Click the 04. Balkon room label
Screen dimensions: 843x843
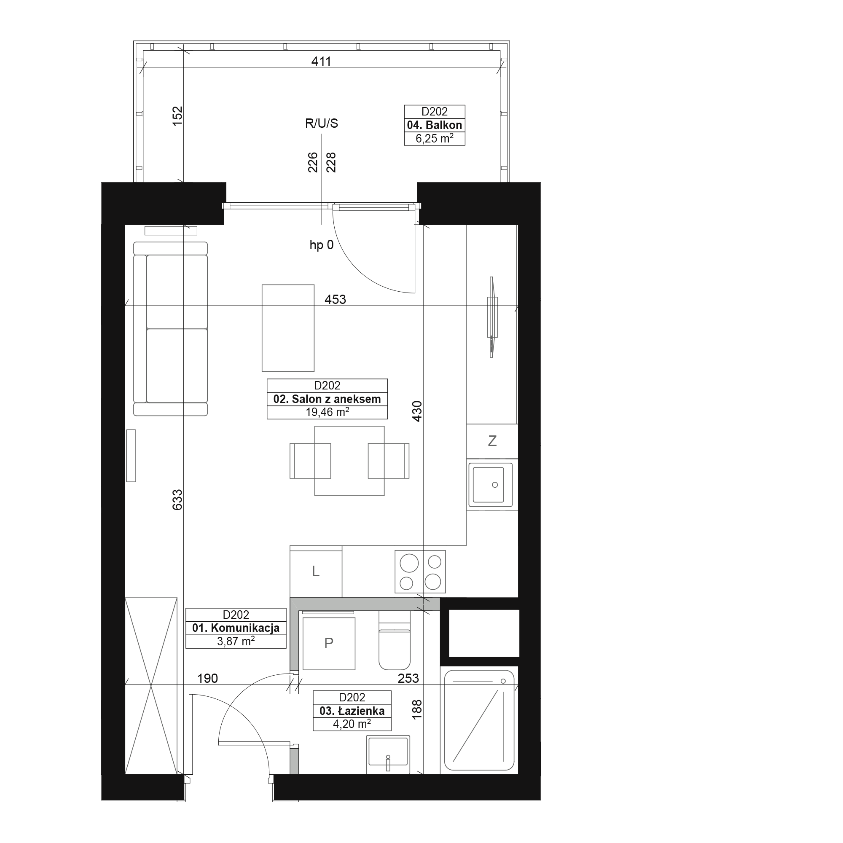[x=434, y=125]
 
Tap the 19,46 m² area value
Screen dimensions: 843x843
[x=327, y=412]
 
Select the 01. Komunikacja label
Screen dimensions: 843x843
[x=236, y=628]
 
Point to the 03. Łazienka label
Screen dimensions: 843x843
[x=352, y=711]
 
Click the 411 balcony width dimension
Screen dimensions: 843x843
[x=321, y=62]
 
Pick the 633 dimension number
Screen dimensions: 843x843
[x=177, y=499]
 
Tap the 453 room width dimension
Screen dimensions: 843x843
[x=335, y=299]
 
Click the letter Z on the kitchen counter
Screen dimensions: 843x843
[x=492, y=441]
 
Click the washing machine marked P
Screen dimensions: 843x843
[x=329, y=644]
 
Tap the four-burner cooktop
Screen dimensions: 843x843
[x=420, y=572]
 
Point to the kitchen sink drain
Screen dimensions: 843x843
[x=495, y=485]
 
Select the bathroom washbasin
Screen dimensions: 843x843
[x=388, y=755]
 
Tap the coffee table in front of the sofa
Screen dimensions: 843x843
[x=288, y=328]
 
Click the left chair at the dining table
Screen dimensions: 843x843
[x=310, y=461]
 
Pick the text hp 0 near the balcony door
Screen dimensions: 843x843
[x=322, y=245]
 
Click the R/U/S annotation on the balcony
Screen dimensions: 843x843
[x=322, y=123]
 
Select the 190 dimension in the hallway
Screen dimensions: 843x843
[x=207, y=679]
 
